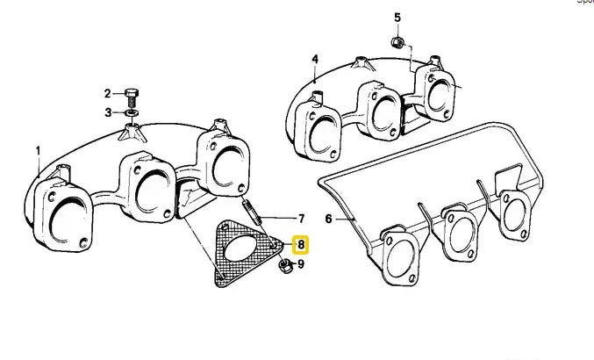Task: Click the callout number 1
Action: click(x=38, y=150)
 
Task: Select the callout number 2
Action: click(x=108, y=93)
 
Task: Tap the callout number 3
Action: click(x=108, y=112)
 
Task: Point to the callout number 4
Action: click(x=314, y=60)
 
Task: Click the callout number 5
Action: click(x=397, y=18)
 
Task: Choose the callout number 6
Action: click(x=329, y=219)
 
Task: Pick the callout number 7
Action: click(x=300, y=219)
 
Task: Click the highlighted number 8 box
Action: click(x=300, y=245)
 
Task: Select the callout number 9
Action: click(x=300, y=263)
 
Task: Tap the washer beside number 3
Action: click(x=130, y=112)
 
